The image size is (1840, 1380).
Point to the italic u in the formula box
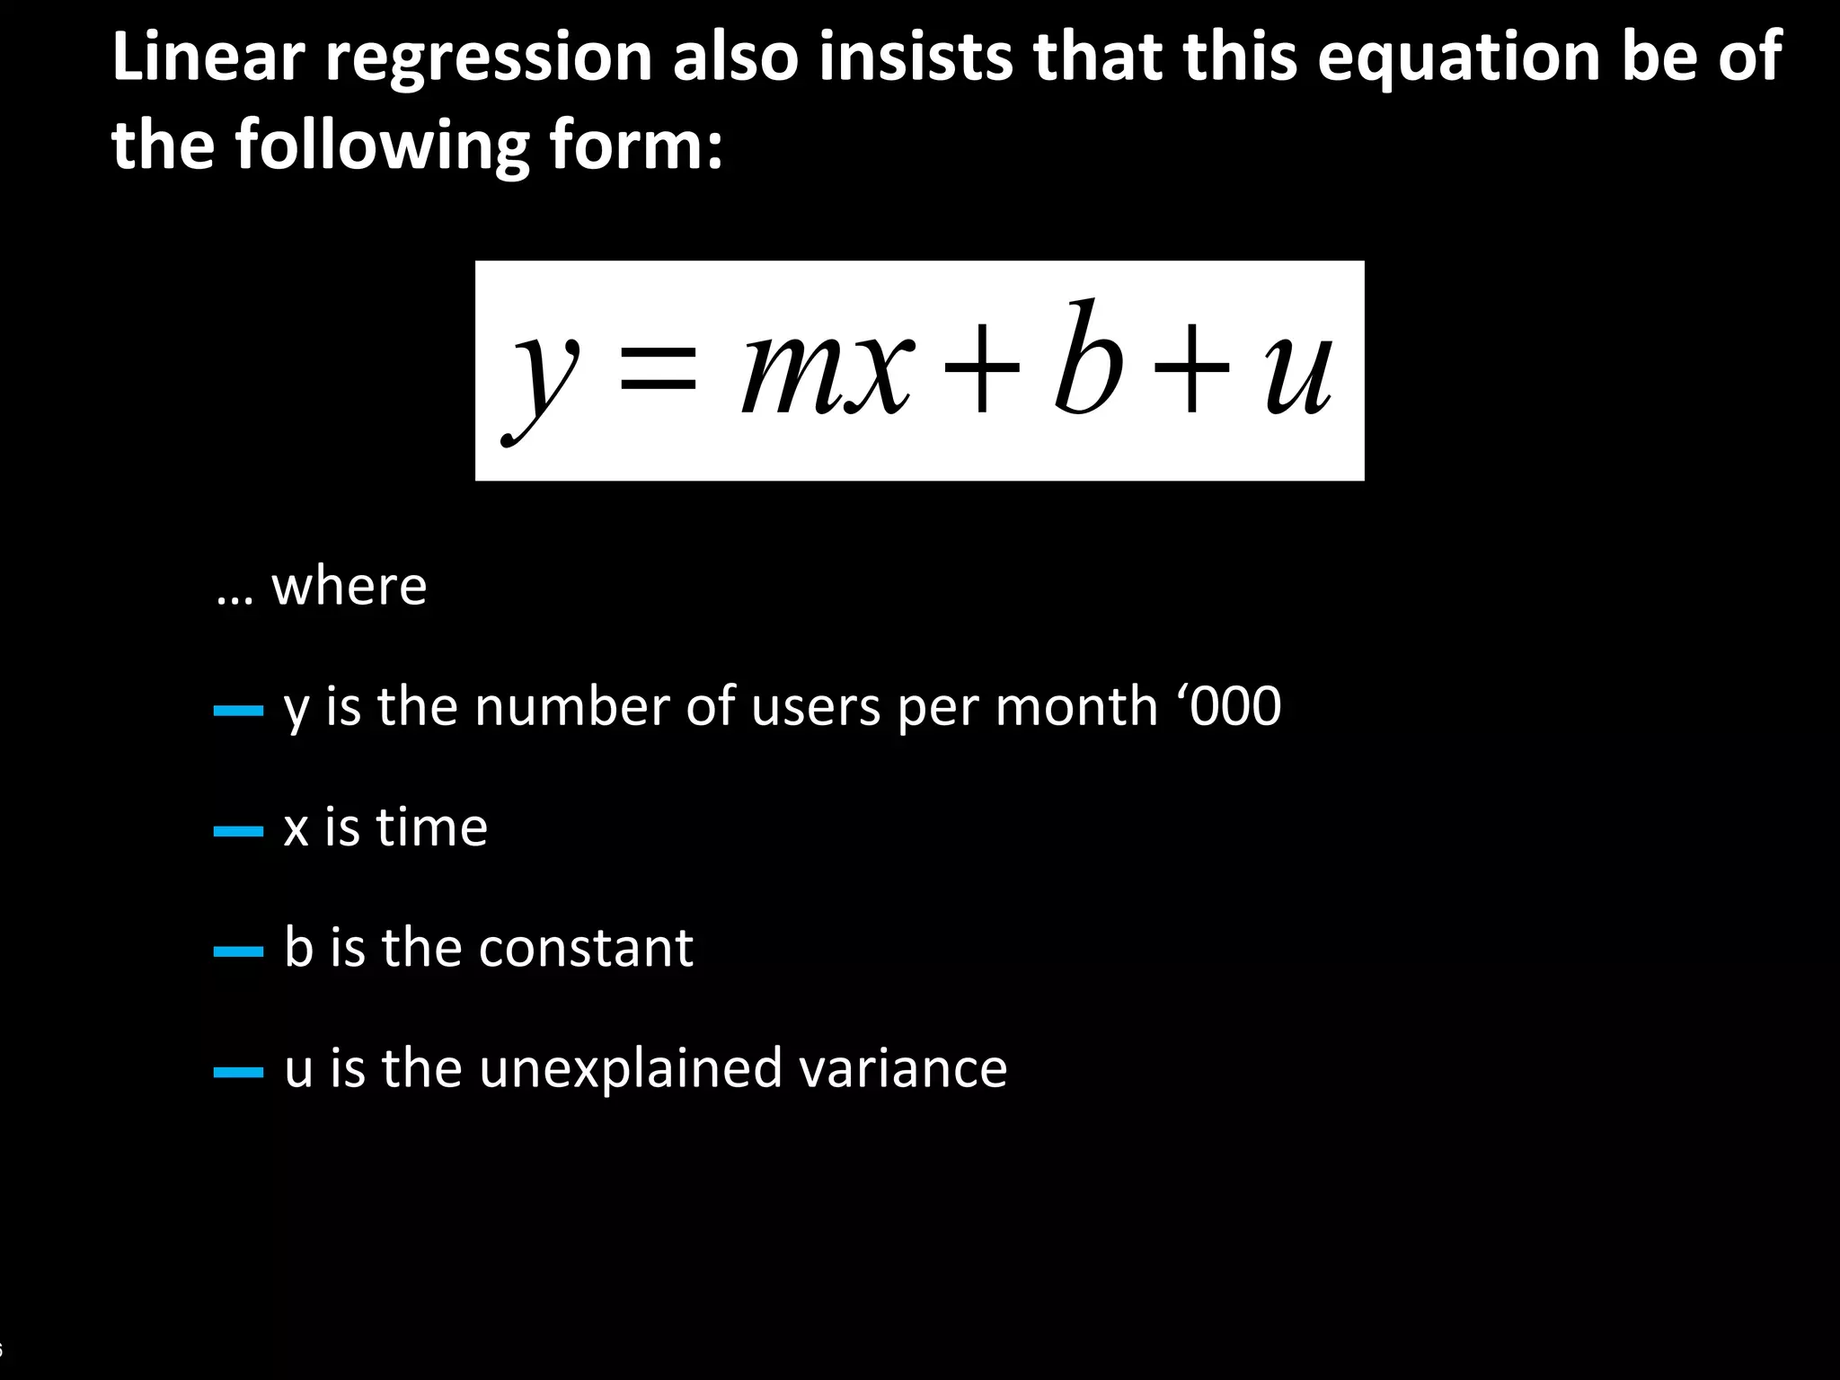(x=1297, y=372)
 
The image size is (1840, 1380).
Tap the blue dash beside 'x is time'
(x=238, y=831)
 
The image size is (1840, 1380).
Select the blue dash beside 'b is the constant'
(x=238, y=951)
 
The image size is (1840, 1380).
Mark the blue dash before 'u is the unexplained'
(x=238, y=1072)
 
